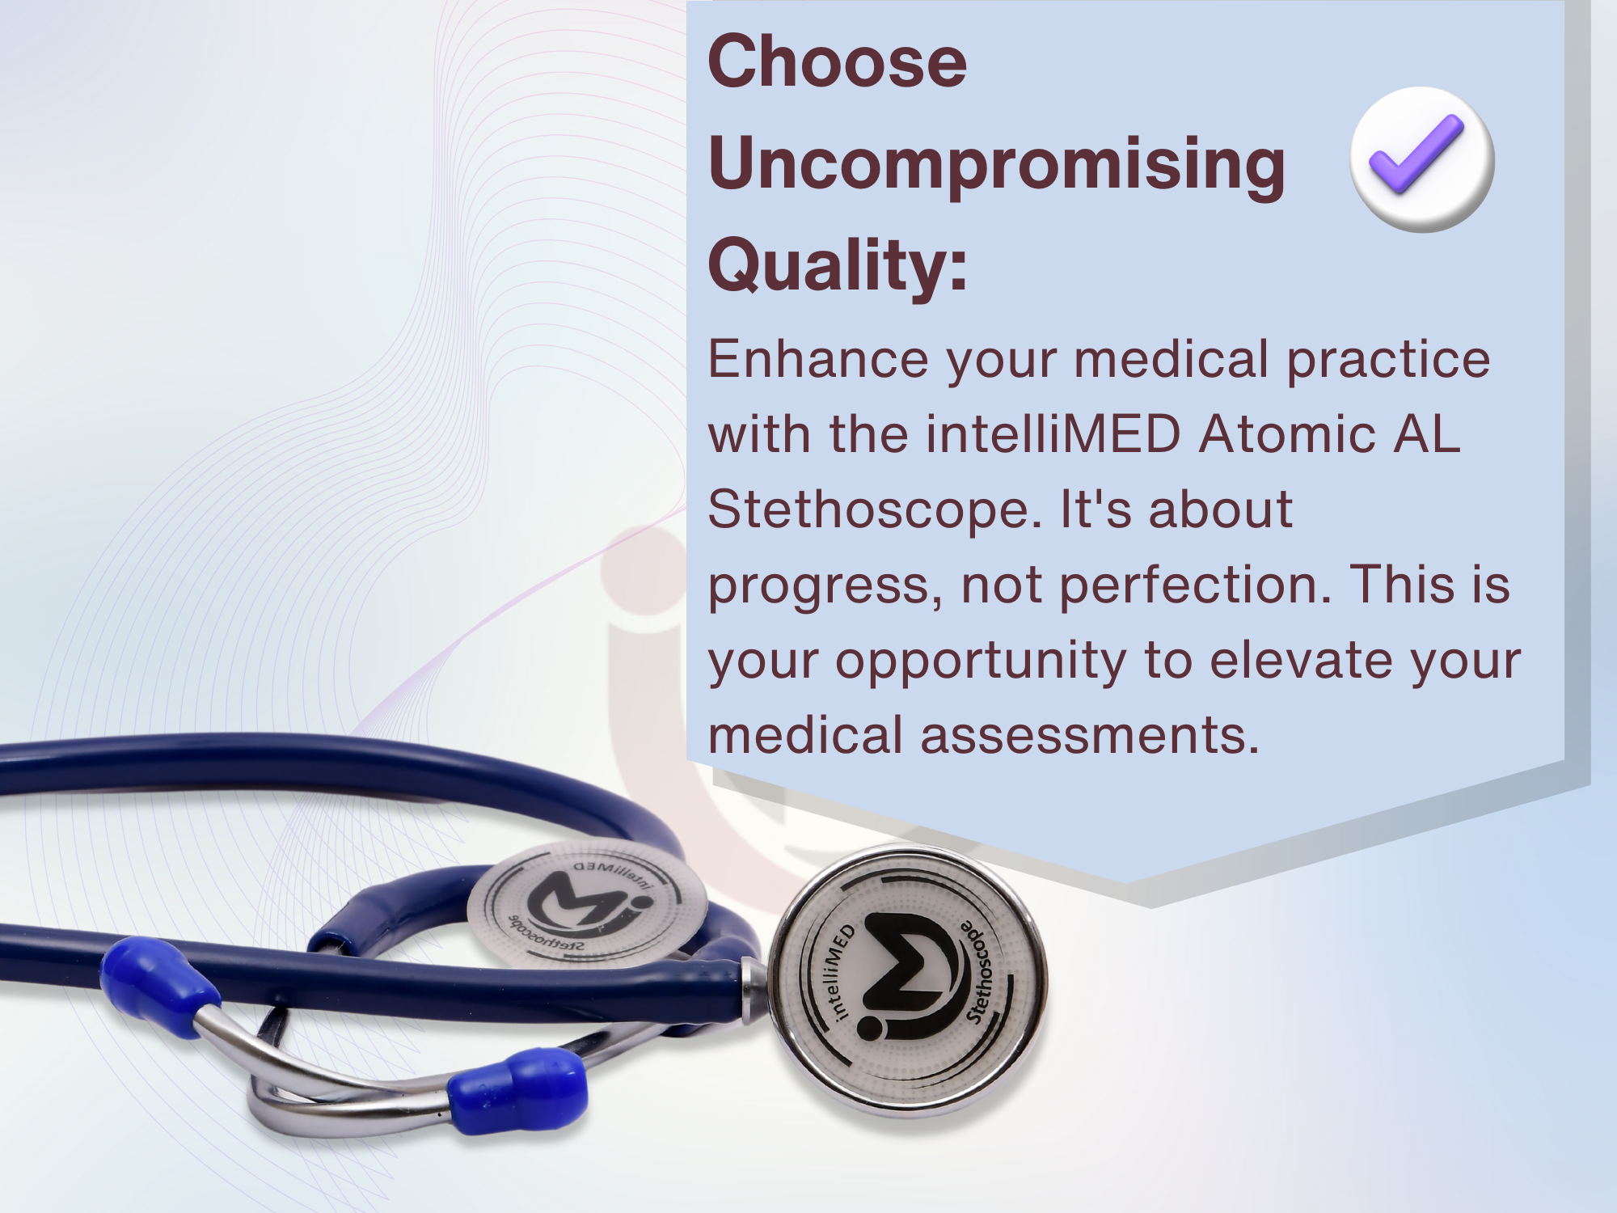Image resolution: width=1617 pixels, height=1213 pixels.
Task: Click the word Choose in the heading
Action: [x=837, y=62]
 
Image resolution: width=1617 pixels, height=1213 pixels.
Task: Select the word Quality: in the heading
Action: [x=838, y=268]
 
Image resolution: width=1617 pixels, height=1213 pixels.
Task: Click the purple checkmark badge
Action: [x=1422, y=159]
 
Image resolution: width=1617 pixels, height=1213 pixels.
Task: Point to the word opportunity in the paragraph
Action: [x=981, y=662]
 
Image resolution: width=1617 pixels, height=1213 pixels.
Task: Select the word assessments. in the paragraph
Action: [x=1090, y=736]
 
